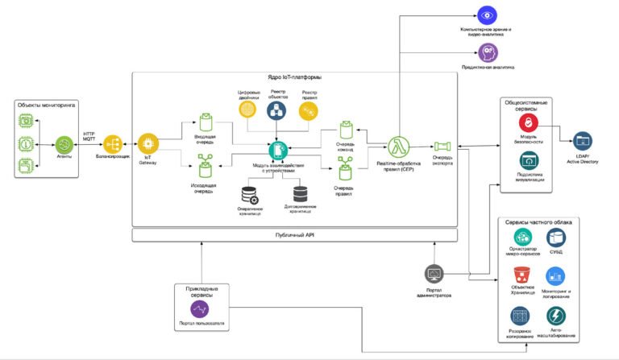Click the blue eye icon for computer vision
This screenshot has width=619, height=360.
(x=486, y=14)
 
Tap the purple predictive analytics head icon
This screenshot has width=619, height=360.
(x=488, y=52)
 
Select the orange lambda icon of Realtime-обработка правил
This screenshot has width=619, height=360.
(x=395, y=147)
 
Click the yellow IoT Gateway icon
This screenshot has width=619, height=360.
(x=147, y=143)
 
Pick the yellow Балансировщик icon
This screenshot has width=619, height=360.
(x=113, y=146)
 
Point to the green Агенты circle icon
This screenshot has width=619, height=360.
(x=63, y=146)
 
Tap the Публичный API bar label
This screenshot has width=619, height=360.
(x=293, y=234)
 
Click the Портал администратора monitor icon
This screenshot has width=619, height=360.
(x=434, y=274)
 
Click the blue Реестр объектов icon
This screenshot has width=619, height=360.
(x=277, y=110)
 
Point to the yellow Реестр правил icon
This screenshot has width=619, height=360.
(x=309, y=112)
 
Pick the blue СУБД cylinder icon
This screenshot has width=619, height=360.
(x=556, y=237)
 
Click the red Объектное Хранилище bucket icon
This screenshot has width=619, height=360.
(x=521, y=273)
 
